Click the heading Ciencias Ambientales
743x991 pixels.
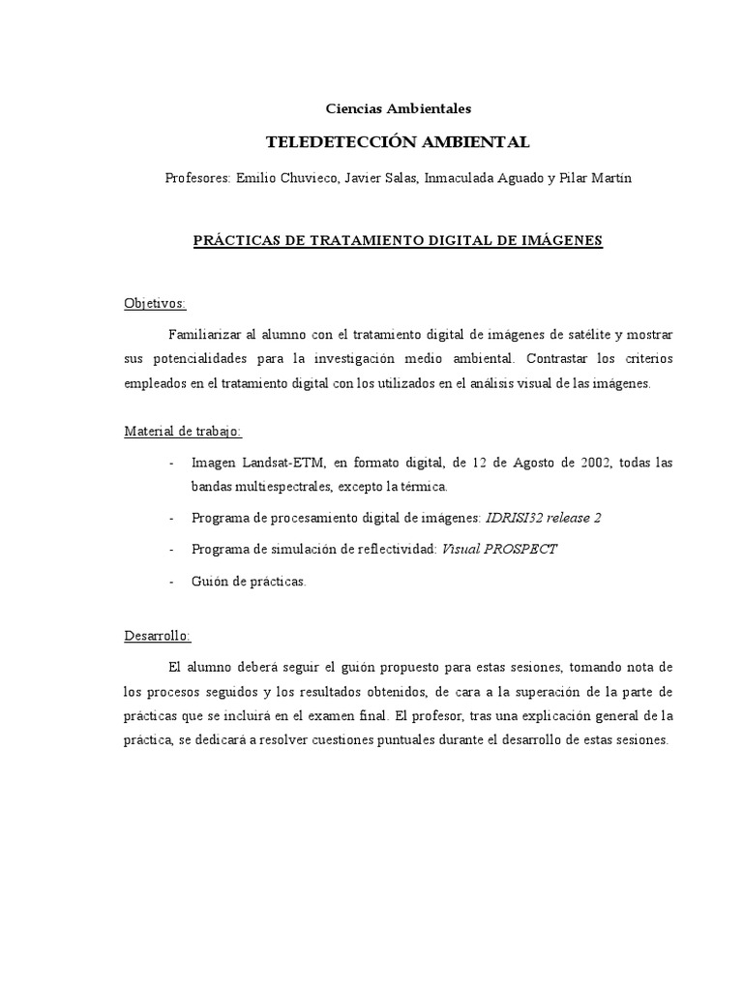[x=398, y=108]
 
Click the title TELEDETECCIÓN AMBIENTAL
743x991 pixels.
[x=398, y=142]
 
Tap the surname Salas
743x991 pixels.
[x=398, y=179]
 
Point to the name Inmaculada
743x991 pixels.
[x=459, y=179]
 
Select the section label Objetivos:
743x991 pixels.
[x=155, y=304]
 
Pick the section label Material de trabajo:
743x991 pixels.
[x=183, y=432]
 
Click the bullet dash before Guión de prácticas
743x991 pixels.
[x=172, y=582]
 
